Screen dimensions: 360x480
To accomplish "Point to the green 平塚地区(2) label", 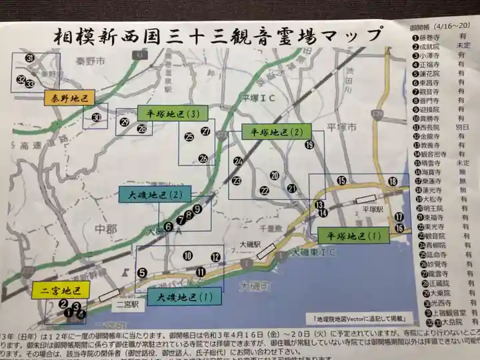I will tap(271, 132).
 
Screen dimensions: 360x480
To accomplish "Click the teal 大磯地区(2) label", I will tap(151, 195).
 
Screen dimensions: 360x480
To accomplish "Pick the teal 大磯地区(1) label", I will tap(181, 296).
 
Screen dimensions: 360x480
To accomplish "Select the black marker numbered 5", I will tap(142, 272).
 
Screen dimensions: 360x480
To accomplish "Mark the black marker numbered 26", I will tap(203, 158).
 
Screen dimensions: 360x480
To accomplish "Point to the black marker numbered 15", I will tap(341, 180).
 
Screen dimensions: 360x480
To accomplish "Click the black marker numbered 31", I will tap(29, 59).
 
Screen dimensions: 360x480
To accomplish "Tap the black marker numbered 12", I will tap(215, 257).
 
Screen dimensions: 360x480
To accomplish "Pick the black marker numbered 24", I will tap(238, 161).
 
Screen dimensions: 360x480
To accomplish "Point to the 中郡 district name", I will tap(105, 229).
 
